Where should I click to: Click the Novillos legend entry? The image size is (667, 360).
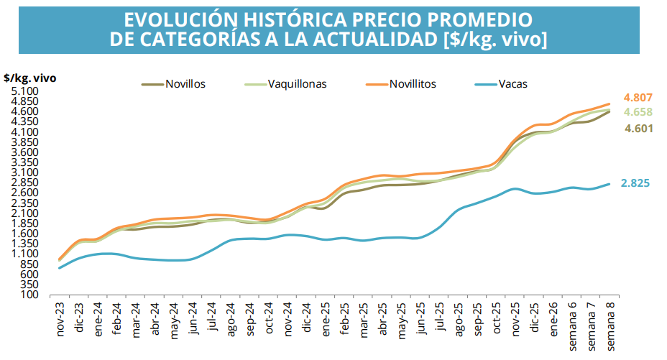tap(185, 84)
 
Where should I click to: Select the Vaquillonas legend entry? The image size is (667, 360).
tap(297, 84)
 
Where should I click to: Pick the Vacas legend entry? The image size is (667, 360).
tap(512, 84)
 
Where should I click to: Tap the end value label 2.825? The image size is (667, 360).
tap(635, 183)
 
